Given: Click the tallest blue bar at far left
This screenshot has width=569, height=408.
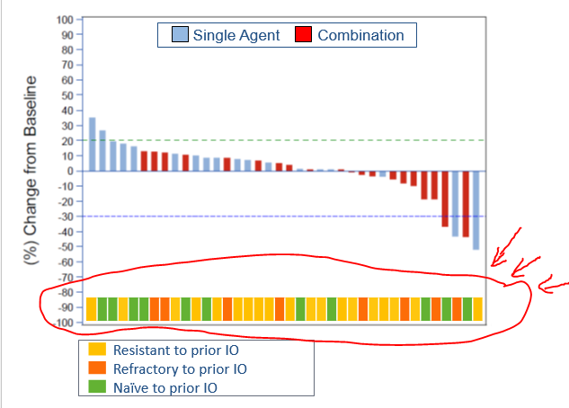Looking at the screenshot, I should (x=92, y=144).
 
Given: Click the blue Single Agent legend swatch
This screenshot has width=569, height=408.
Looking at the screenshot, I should (x=178, y=35).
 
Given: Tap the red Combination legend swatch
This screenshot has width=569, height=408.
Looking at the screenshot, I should (x=303, y=35).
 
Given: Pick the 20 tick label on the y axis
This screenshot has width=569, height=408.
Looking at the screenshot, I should (x=66, y=140).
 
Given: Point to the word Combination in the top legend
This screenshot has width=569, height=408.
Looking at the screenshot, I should (x=360, y=35).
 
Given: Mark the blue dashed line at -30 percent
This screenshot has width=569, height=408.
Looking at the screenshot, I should (x=270, y=216).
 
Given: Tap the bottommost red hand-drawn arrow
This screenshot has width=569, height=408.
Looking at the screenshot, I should (x=553, y=288).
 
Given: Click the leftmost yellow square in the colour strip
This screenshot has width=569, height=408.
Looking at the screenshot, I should (x=91, y=309).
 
